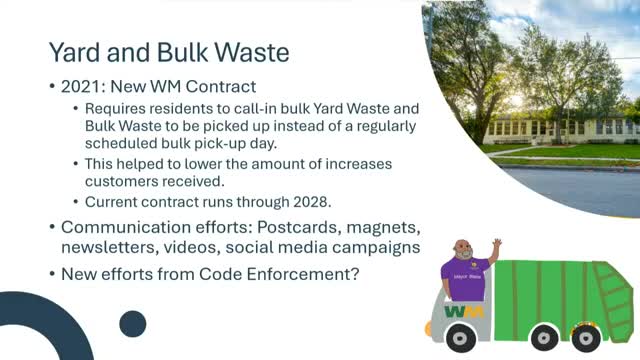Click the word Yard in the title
pyautogui.click(x=75, y=53)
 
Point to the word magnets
pyautogui.click(x=383, y=228)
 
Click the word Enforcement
pyautogui.click(x=303, y=274)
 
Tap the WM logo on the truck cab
pyautogui.click(x=464, y=312)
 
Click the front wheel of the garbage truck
pyautogui.click(x=460, y=338)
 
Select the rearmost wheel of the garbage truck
pyautogui.click(x=586, y=338)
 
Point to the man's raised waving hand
pyautogui.click(x=497, y=244)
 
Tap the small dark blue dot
pyautogui.click(x=133, y=324)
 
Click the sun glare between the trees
pyautogui.click(x=516, y=100)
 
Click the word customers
pyautogui.click(x=116, y=181)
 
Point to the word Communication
pyautogui.click(x=126, y=227)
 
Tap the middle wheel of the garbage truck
pyautogui.click(x=544, y=338)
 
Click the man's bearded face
pyautogui.click(x=463, y=250)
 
